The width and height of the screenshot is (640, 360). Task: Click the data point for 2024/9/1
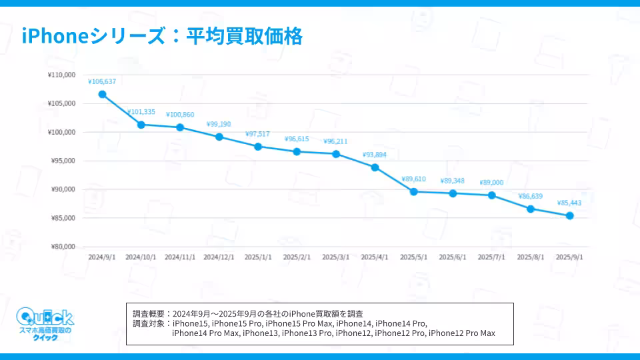pyautogui.click(x=102, y=94)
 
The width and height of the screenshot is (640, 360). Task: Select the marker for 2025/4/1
pyautogui.click(x=375, y=167)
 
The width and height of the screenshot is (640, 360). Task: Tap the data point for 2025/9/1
pyautogui.click(x=570, y=215)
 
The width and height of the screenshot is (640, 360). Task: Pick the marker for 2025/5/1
pyautogui.click(x=414, y=191)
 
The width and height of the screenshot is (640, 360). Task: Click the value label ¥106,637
pyautogui.click(x=102, y=81)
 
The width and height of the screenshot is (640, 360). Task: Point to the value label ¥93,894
pyautogui.click(x=375, y=155)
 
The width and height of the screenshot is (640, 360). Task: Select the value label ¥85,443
pyautogui.click(x=570, y=203)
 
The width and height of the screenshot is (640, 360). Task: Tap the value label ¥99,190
pyautogui.click(x=219, y=124)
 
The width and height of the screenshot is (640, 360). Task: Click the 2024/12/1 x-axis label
pyautogui.click(x=219, y=257)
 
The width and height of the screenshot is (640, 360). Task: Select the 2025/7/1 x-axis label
pyautogui.click(x=491, y=257)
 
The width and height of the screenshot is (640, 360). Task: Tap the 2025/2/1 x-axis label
pyautogui.click(x=297, y=257)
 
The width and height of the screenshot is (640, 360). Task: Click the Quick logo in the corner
pyautogui.click(x=45, y=324)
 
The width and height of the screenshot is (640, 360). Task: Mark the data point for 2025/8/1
pyautogui.click(x=531, y=209)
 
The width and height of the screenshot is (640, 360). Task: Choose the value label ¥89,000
pyautogui.click(x=491, y=182)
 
